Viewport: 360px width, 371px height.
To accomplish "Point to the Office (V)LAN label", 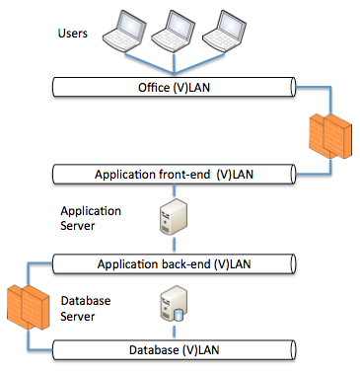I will pos(173,88).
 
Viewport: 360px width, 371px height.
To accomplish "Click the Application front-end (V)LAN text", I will pos(173,175).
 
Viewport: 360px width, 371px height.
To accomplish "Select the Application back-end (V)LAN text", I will pos(173,264).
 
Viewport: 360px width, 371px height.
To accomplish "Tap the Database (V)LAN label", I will pos(173,350).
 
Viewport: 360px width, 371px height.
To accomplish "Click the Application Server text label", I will pos(90,218).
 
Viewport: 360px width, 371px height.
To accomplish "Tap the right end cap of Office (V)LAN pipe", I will pos(291,88).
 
